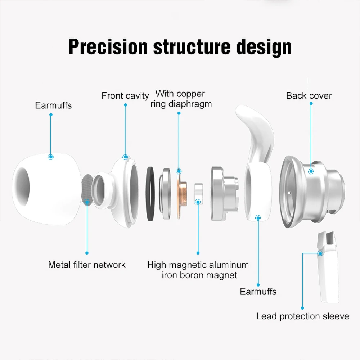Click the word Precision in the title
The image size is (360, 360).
point(108,46)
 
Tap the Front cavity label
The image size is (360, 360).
point(125,95)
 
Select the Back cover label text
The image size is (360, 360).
point(309,95)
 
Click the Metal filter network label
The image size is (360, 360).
point(87,265)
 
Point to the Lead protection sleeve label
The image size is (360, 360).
point(303,316)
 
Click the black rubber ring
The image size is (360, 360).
point(150,194)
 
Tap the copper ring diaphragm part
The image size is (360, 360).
point(181,194)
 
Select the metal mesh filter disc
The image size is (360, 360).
point(87,190)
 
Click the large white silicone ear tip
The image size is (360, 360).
point(46,189)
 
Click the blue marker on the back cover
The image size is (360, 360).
point(311,171)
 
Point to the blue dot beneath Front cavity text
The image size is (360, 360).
point(125,105)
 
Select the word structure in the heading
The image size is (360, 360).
point(192,46)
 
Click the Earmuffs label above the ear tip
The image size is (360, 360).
point(53,105)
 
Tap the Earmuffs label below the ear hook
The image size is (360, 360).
point(258,291)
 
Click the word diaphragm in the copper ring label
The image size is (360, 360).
point(190,104)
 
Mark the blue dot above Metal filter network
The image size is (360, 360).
point(87,253)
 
